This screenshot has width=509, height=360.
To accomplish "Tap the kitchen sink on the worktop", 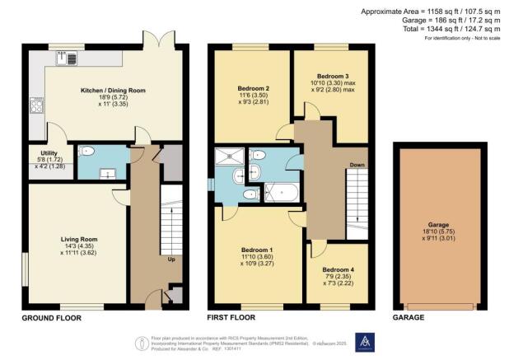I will (66, 58).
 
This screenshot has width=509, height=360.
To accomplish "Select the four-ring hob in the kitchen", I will (35, 105).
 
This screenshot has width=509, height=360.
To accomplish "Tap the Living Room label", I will (73, 241).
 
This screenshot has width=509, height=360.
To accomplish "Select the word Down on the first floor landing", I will (357, 165).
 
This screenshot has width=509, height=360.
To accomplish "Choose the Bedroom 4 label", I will (338, 269).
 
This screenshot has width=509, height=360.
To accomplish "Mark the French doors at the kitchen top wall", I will (157, 40).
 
